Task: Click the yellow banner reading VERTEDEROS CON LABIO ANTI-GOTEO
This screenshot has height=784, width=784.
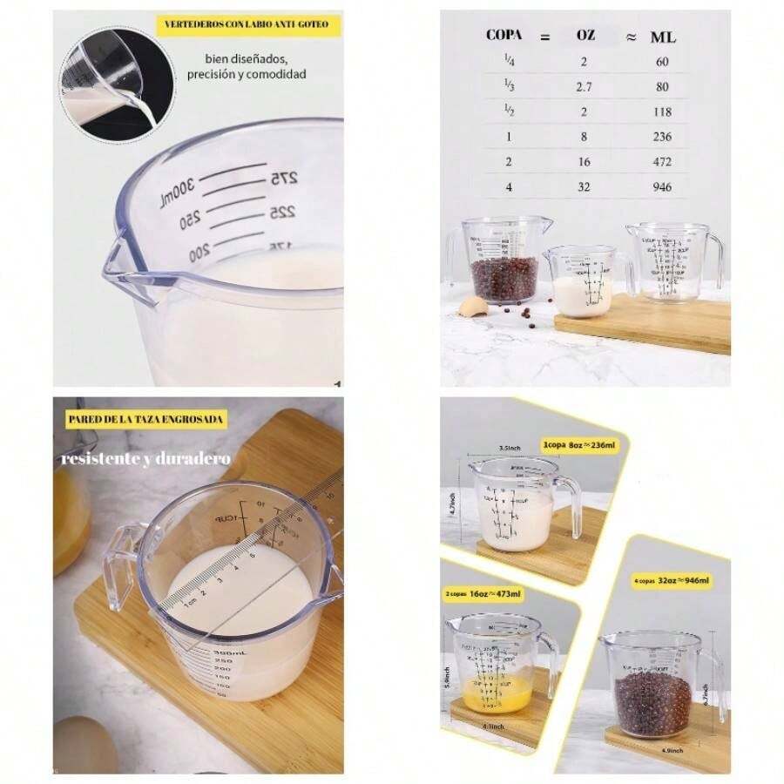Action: pyautogui.click(x=247, y=25)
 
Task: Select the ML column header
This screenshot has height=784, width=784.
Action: pyautogui.click(x=663, y=37)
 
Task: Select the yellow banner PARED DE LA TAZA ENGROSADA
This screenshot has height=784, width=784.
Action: pyautogui.click(x=146, y=419)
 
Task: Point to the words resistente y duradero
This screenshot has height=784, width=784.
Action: pyautogui.click(x=145, y=458)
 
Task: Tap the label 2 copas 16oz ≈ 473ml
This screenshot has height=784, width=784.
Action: pyautogui.click(x=483, y=594)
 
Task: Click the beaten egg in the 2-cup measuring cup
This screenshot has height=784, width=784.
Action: pyautogui.click(x=488, y=697)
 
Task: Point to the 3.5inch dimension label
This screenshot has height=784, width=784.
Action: pyautogui.click(x=510, y=449)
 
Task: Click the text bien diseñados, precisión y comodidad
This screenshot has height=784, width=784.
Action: pyautogui.click(x=247, y=66)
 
